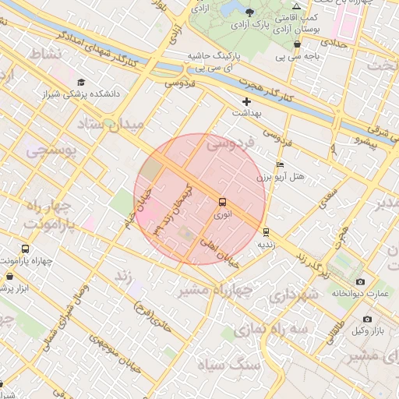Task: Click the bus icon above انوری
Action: click(x=224, y=202)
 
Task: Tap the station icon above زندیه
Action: click(x=267, y=231)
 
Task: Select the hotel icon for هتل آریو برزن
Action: click(x=281, y=165)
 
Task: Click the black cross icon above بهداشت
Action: click(x=247, y=101)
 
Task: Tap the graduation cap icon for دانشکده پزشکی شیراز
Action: click(x=81, y=82)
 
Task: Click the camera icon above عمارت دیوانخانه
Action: click(x=359, y=281)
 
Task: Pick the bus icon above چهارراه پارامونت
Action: click(x=26, y=249)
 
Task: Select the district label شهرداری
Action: click(x=292, y=296)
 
